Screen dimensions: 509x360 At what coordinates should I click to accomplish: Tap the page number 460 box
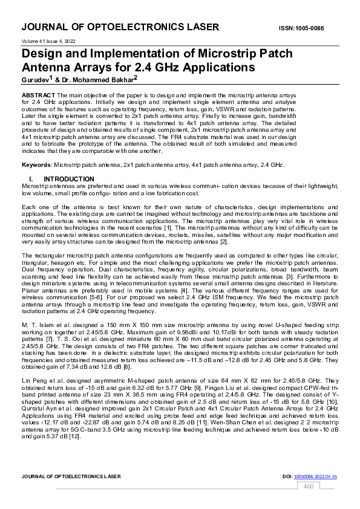point(308,486)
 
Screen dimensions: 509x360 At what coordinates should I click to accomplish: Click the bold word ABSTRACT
point(39,96)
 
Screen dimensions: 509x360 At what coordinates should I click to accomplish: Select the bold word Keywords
point(36,164)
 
